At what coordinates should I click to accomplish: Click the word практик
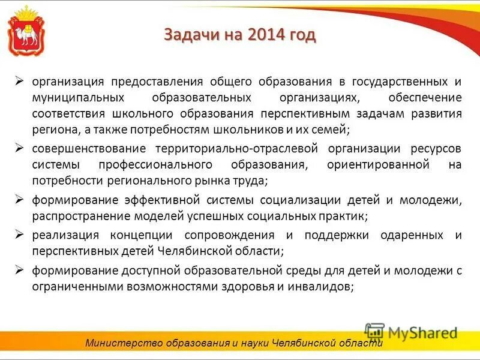346,215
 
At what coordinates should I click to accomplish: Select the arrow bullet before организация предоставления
20,80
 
